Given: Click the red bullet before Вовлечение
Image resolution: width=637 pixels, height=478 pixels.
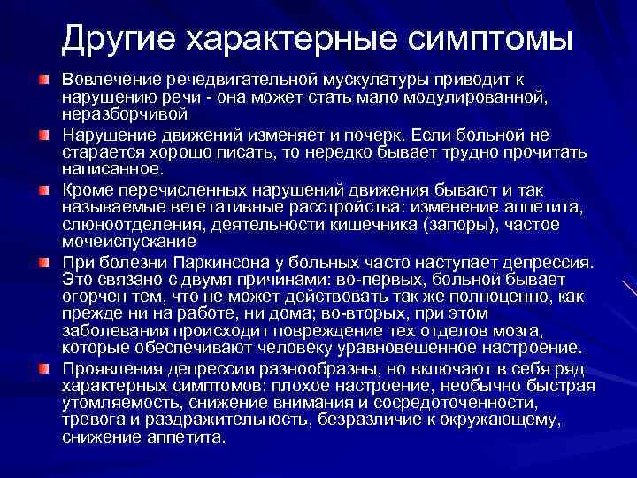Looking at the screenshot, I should click(43, 81).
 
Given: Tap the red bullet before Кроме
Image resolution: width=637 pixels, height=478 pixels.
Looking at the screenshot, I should click(43, 189).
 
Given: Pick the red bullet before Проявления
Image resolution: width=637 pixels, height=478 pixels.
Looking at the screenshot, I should click(43, 368).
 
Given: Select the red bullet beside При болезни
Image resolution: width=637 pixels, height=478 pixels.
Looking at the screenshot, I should click(43, 261).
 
